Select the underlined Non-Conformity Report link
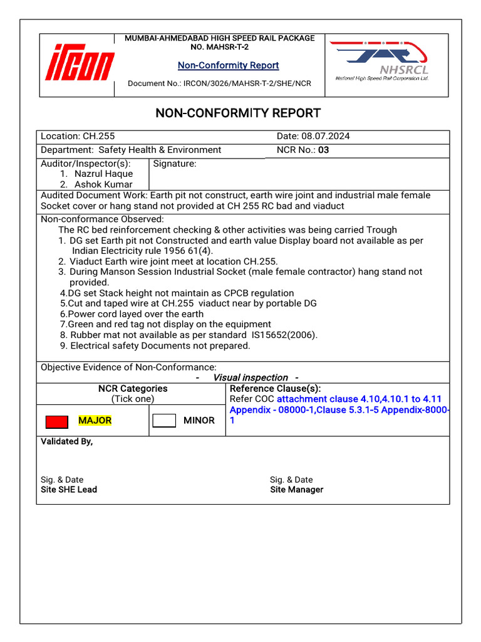pos(228,65)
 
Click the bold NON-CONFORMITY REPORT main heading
pos(238,113)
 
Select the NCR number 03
pos(323,150)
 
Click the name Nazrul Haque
pos(103,174)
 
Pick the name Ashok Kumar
pos(103,184)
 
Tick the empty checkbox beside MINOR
pos(164,421)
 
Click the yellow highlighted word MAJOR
pos(95,421)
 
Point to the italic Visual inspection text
pos(250,377)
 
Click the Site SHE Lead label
pos(69,490)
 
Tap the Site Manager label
pos(296,490)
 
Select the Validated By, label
pos(66,441)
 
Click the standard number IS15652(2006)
pos(284,335)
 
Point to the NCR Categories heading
pos(133,389)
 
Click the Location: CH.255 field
pos(78,136)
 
